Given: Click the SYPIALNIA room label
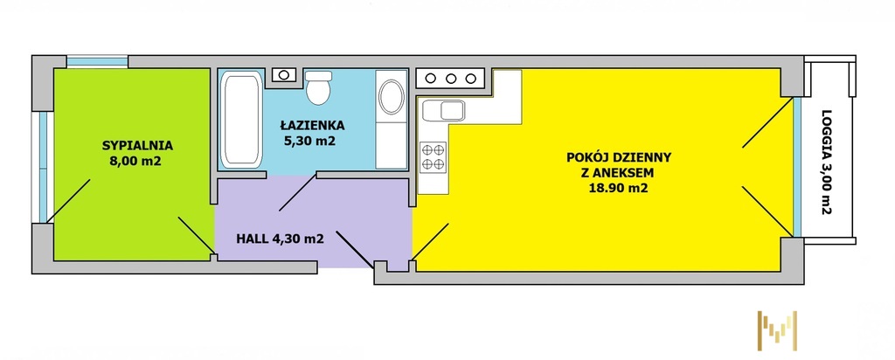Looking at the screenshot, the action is coord(137,145).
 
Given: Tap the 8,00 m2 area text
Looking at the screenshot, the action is coord(135,161).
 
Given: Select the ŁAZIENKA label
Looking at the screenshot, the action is coord(312,125).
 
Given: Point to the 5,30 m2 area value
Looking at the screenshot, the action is coord(310,141).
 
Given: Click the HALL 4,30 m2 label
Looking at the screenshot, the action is coord(281,239).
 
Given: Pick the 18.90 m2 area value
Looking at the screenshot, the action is coord(620,188).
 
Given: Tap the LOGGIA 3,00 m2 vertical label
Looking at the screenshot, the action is coord(826,162).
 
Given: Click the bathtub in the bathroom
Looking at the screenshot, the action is coord(241,119).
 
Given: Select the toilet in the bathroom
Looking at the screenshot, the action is coord(318,87).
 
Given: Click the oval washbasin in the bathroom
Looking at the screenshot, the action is coord(392,96).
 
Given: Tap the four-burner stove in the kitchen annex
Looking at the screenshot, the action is coord(433,157).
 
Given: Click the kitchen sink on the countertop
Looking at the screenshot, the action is coord(443,111).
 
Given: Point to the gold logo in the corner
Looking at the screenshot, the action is coord(777,330).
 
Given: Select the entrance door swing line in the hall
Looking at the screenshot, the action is coord(355,249).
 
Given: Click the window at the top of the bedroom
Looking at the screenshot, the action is coord(97,61).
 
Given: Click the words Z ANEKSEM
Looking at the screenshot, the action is coord(620,173).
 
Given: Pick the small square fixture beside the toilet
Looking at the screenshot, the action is coord(284,75).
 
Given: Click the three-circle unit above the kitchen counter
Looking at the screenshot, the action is coord(450,78).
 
